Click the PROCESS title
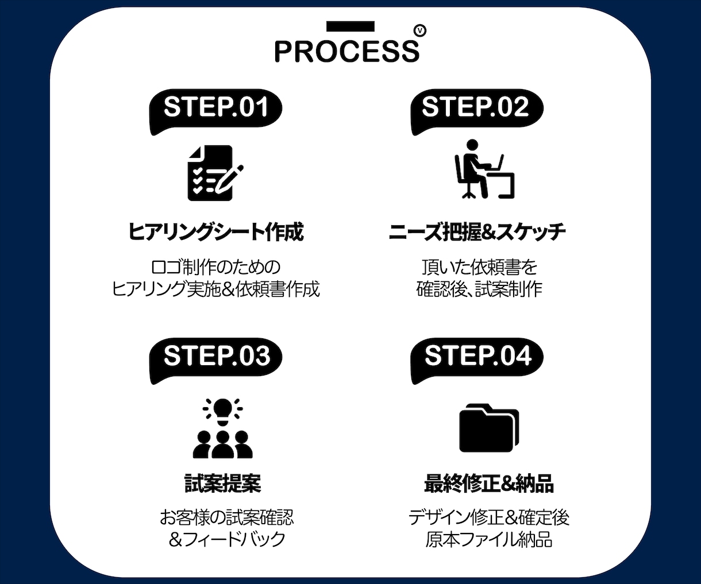click(347, 51)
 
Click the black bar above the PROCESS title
click(350, 26)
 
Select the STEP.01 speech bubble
click(215, 111)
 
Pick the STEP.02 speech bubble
click(477, 111)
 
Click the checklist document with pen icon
click(215, 173)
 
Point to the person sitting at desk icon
click(484, 169)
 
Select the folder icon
click(489, 428)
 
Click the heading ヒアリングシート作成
click(216, 231)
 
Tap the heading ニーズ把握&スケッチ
click(477, 231)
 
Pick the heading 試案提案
click(222, 483)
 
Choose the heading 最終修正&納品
click(489, 483)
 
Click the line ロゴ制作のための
click(215, 267)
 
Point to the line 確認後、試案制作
click(479, 289)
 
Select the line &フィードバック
click(227, 539)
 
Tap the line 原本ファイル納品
click(489, 539)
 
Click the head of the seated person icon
click(472, 145)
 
